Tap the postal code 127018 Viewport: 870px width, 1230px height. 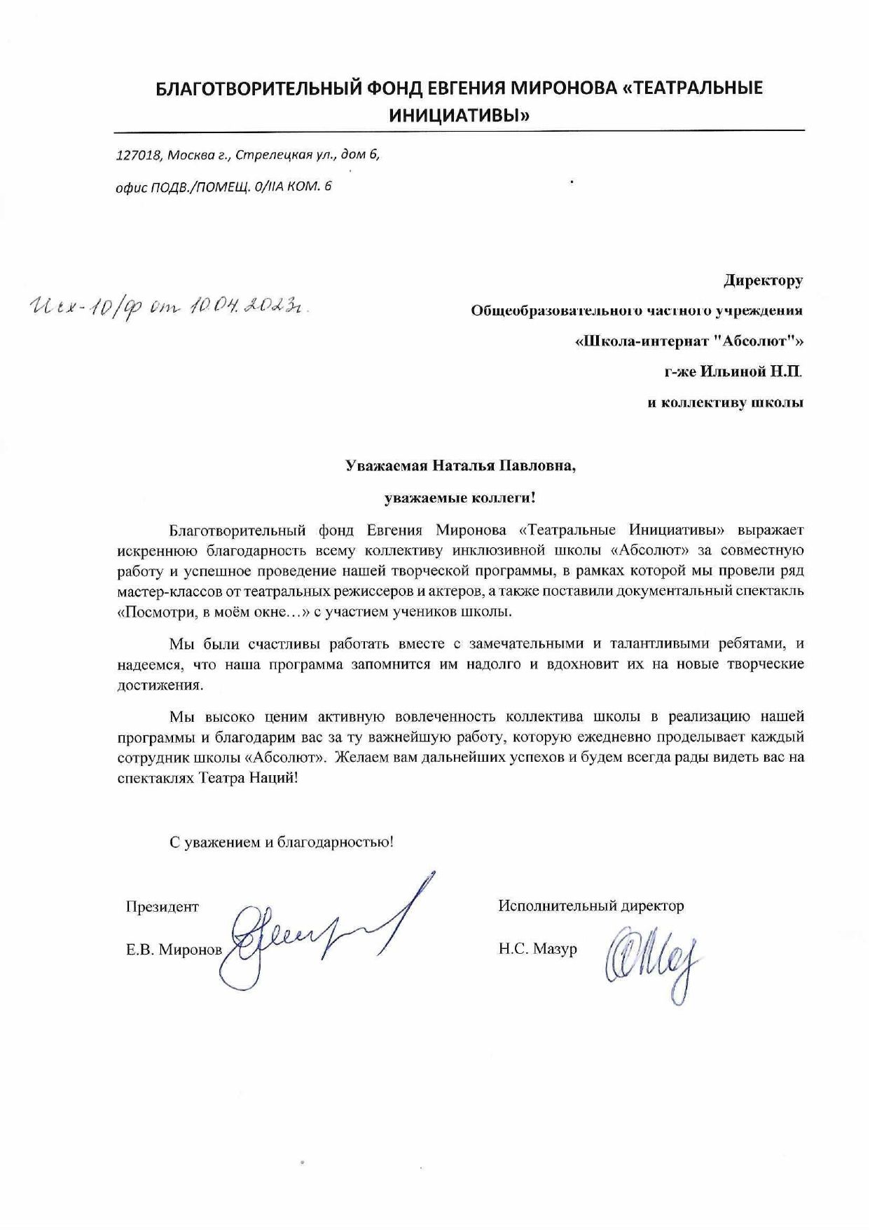pyautogui.click(x=139, y=155)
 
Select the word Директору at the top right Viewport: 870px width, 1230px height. pyautogui.click(x=763, y=280)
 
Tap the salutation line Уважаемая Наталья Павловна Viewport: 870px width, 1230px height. pyautogui.click(x=460, y=466)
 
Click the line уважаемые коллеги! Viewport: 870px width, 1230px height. pyautogui.click(x=460, y=498)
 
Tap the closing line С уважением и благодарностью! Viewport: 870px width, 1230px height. pyautogui.click(x=282, y=842)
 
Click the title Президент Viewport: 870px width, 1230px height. pyautogui.click(x=163, y=907)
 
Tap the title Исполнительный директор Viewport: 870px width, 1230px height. pyautogui.click(x=591, y=906)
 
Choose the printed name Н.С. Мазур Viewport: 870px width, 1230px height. pyautogui.click(x=537, y=949)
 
